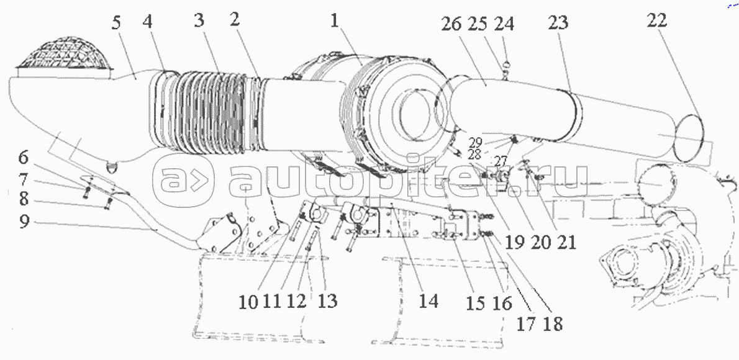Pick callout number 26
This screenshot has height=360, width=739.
coord(453,24)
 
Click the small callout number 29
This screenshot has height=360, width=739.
coord(475,141)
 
